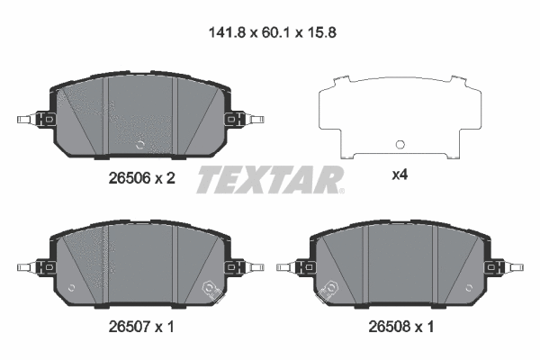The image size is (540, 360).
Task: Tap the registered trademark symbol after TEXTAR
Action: point(340,190)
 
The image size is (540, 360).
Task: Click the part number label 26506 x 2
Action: point(136,178)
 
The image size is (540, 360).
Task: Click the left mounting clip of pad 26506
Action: point(36,119)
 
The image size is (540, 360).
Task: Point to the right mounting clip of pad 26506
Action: point(244,119)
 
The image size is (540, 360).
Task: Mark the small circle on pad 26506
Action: point(139,142)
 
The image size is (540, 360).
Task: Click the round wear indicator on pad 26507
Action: point(213,289)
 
